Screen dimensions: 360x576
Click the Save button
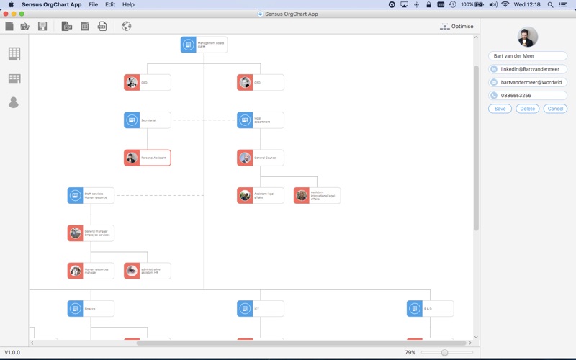click(x=500, y=109)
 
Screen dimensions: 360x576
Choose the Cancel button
click(x=555, y=109)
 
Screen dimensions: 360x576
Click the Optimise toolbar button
click(x=457, y=27)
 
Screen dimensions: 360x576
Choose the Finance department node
click(x=91, y=309)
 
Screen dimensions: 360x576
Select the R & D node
click(x=430, y=309)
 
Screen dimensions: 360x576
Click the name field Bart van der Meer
click(x=527, y=55)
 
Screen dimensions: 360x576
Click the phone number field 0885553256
click(x=533, y=95)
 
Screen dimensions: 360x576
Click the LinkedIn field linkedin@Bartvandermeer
click(x=533, y=69)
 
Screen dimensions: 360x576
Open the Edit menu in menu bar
click(x=110, y=4)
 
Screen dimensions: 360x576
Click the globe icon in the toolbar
click(x=127, y=27)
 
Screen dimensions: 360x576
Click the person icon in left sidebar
click(x=14, y=103)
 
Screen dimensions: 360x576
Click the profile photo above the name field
click(x=528, y=37)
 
